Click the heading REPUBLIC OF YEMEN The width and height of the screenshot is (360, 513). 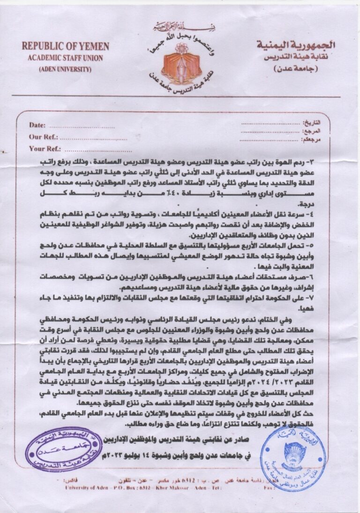click(x=65, y=46)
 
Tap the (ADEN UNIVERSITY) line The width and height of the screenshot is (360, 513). click(x=65, y=69)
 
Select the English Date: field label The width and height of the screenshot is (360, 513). click(x=37, y=125)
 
